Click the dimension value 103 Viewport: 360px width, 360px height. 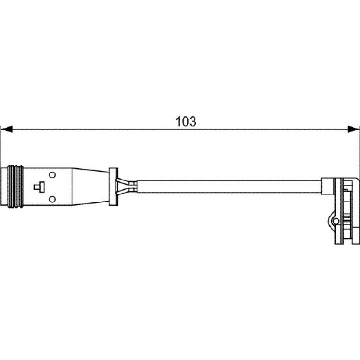tap(186, 122)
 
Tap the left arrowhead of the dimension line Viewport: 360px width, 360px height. tap(7, 129)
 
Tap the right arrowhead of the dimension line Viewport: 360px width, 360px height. tap(353, 129)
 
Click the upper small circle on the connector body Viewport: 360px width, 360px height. tap(52, 175)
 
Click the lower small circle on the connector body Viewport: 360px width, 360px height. tap(52, 199)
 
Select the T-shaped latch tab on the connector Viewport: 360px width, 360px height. tap(39, 187)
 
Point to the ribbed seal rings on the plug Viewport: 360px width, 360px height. tap(15, 187)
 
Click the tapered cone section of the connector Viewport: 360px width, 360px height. tap(90, 187)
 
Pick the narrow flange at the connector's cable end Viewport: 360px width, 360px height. tap(114, 187)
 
